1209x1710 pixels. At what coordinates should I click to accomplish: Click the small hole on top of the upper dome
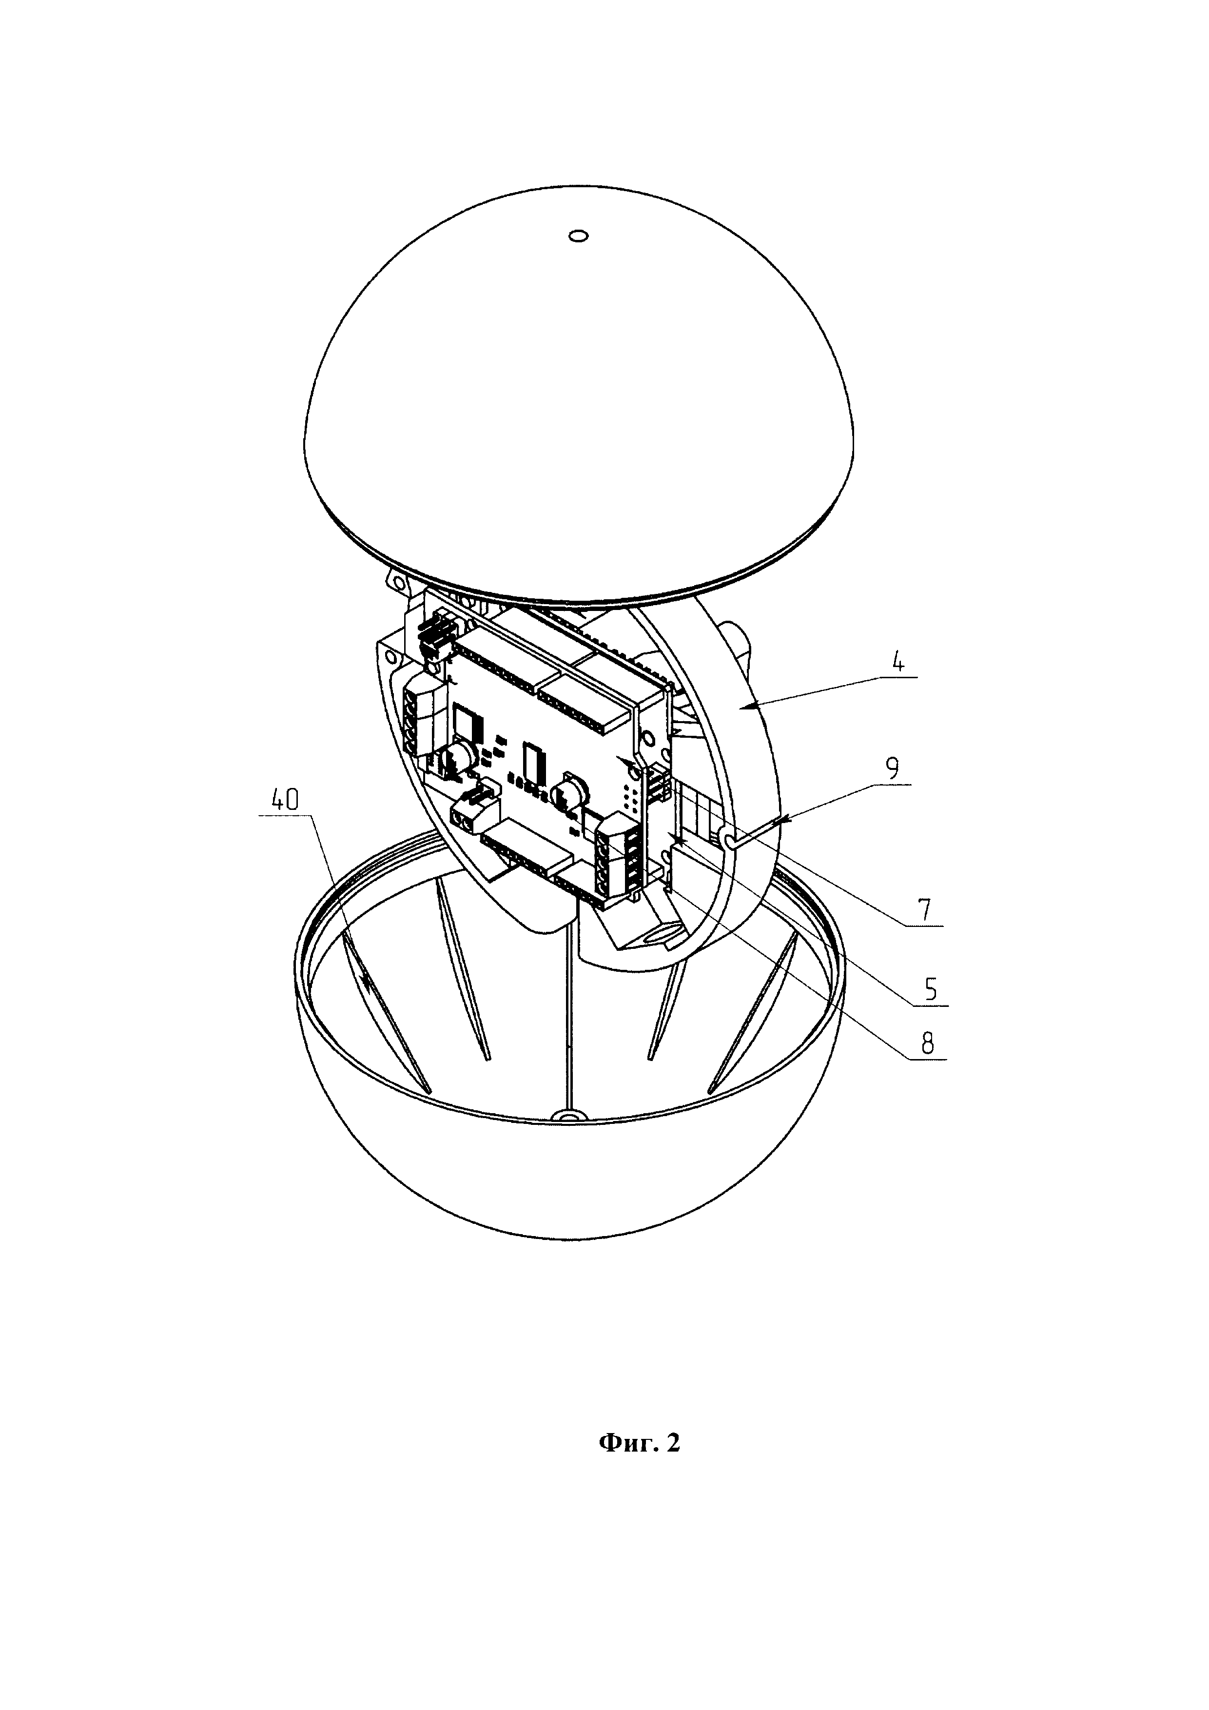[x=579, y=236]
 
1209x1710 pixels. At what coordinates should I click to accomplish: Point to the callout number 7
[x=924, y=911]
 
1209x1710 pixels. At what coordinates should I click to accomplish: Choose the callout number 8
[x=928, y=1044]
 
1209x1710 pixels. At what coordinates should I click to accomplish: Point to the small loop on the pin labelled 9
[x=730, y=840]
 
